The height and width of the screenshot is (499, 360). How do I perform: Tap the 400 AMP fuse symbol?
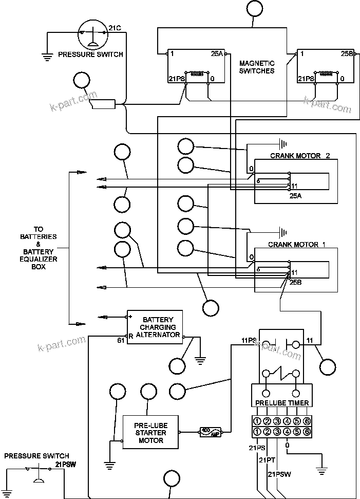[211, 432]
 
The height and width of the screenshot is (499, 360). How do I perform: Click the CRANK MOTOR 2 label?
[300, 156]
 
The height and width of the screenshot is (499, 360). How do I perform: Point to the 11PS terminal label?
[249, 340]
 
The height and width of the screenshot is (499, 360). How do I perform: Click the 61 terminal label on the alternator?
[121, 340]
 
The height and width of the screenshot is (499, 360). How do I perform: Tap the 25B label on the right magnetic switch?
[347, 53]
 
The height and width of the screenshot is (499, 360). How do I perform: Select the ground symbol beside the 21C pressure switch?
[47, 58]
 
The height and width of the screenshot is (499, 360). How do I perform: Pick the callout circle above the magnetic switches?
[254, 8]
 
